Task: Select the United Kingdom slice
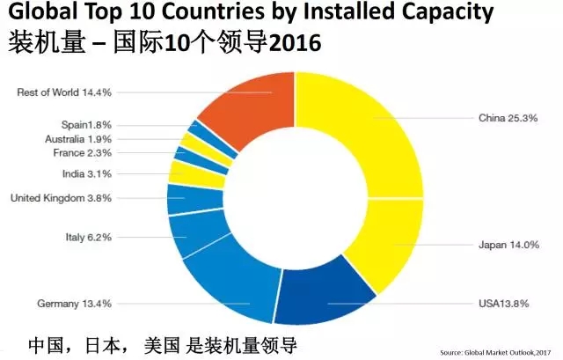tap(182, 199)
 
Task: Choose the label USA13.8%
tap(505, 304)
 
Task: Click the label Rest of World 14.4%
tap(63, 92)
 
